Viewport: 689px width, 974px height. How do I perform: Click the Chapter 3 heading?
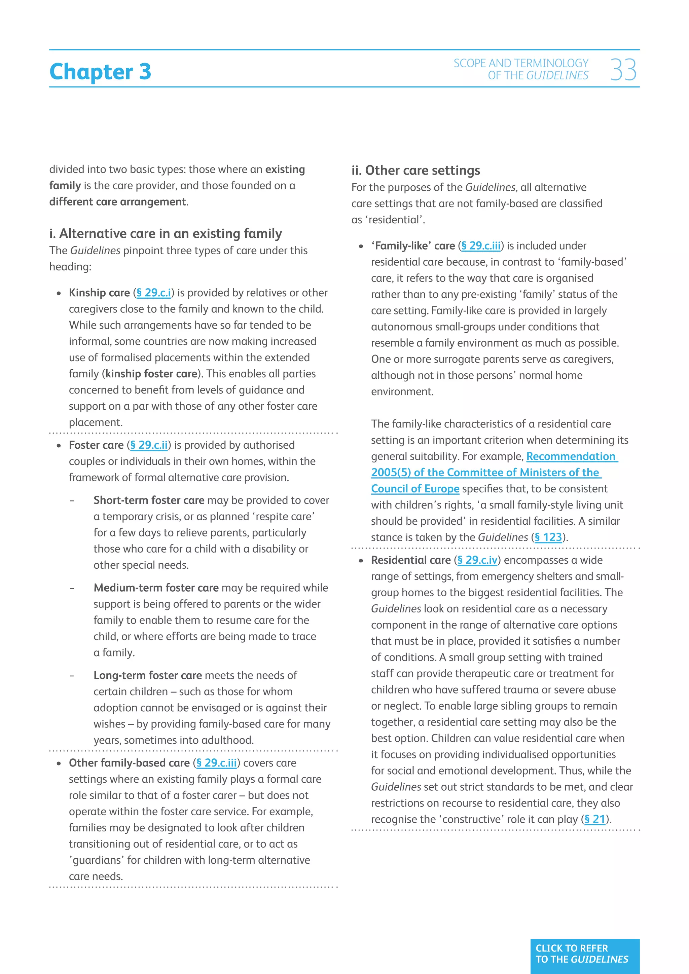[100, 71]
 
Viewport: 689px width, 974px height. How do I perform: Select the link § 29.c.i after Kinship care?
[154, 293]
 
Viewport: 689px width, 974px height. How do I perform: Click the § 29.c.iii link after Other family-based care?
[216, 763]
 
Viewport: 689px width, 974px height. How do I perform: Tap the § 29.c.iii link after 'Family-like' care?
[481, 246]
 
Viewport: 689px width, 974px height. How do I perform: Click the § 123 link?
[548, 537]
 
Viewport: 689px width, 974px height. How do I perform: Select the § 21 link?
[595, 819]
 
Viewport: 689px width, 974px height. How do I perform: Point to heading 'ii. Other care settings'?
[415, 171]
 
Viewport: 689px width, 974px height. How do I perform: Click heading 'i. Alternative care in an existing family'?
[166, 234]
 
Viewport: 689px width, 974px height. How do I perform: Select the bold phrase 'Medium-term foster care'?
[156, 588]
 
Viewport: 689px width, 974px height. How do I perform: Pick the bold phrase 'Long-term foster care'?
[148, 675]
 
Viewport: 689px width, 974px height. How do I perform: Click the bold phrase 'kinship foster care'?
[151, 374]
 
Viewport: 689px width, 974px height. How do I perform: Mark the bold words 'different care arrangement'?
[117, 201]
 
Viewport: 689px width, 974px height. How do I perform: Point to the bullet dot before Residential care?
[361, 561]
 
